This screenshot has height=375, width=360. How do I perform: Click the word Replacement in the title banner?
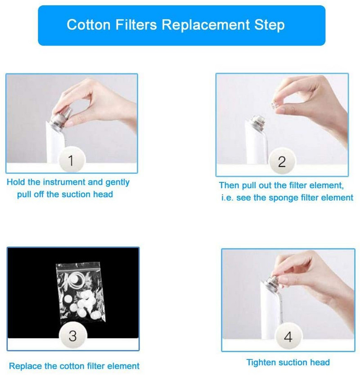point(206,25)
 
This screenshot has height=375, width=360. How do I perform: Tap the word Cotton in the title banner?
point(89,25)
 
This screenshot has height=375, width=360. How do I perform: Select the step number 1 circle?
point(71,160)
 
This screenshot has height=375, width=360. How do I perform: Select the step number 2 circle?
point(282,162)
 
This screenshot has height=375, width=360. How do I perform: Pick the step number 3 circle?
point(72,336)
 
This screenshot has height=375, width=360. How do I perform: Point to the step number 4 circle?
point(288,337)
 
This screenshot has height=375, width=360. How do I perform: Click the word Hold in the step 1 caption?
point(16,182)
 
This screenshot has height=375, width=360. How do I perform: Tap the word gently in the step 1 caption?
point(117,183)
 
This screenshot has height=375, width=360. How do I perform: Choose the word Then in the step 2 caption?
point(229,185)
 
